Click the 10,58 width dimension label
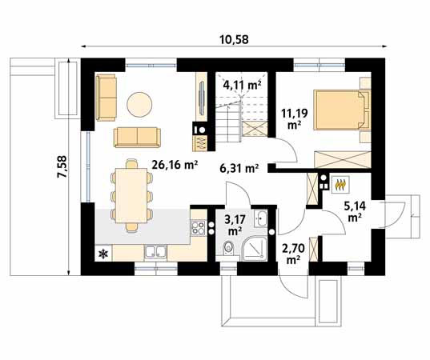(234, 39)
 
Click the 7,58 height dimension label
(62, 166)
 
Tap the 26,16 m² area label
(175, 165)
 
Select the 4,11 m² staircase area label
(242, 85)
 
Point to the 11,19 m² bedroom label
(295, 118)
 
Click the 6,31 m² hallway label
(239, 168)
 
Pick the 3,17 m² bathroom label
(235, 225)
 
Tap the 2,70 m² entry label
(293, 254)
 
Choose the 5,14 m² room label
(355, 211)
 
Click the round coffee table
(139, 104)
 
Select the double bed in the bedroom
(342, 110)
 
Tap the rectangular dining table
(131, 195)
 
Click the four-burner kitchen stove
(198, 228)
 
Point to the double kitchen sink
(155, 252)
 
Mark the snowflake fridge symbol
(103, 254)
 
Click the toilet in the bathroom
(228, 247)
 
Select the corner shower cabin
(255, 249)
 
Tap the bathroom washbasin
(260, 218)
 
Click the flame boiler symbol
(340, 184)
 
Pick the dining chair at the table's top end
(131, 163)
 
